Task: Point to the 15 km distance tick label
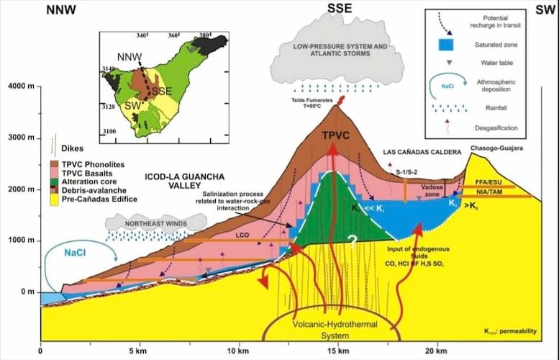click(337, 351)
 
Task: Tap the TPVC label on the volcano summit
click(334, 136)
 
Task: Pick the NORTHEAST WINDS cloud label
click(146, 222)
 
